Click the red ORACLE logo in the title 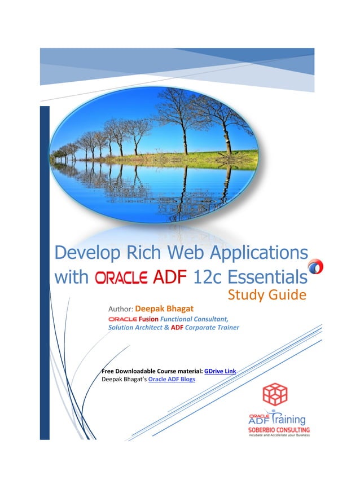point(121,278)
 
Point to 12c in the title point(209,278)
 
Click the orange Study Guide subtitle point(267,295)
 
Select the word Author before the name point(119,309)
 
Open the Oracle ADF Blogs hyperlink point(172,379)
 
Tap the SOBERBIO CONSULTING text point(279,430)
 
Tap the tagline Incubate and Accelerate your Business point(279,437)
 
